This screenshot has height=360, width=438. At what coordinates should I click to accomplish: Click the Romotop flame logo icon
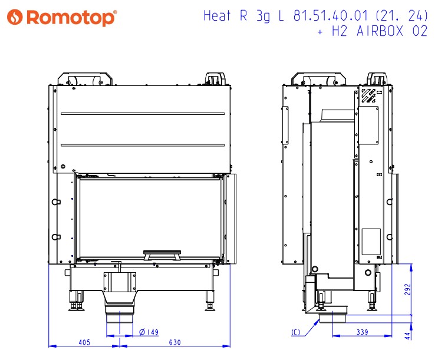point(15,17)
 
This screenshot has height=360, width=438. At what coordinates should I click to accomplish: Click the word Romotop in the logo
point(71,18)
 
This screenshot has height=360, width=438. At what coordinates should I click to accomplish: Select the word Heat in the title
point(217,16)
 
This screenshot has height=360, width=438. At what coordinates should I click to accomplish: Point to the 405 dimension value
point(84,342)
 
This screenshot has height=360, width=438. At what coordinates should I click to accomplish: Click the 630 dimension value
point(175,342)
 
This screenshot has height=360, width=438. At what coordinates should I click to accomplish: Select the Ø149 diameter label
point(149,332)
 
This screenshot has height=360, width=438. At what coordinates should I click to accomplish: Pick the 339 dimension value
point(363,332)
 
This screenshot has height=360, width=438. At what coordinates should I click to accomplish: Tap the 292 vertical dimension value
point(407,289)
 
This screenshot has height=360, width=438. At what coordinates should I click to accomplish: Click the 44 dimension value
point(407,335)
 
